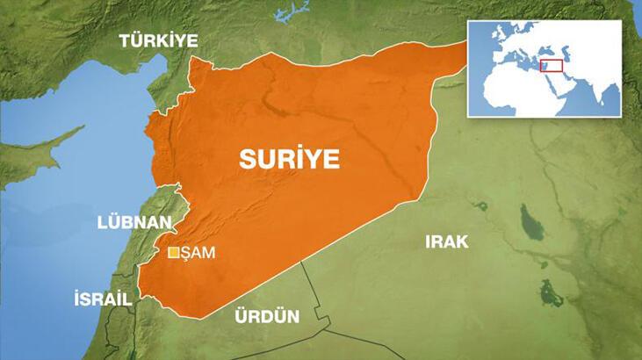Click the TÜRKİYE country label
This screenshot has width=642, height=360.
coord(159,40)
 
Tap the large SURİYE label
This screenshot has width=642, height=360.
coord(289,160)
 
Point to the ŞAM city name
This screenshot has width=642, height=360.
coord(198,254)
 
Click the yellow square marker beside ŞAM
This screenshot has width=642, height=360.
coord(173,254)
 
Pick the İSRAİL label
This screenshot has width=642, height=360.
coord(103,299)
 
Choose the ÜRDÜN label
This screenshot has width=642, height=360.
coord(267,316)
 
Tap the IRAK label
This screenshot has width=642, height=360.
coord(447,241)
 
